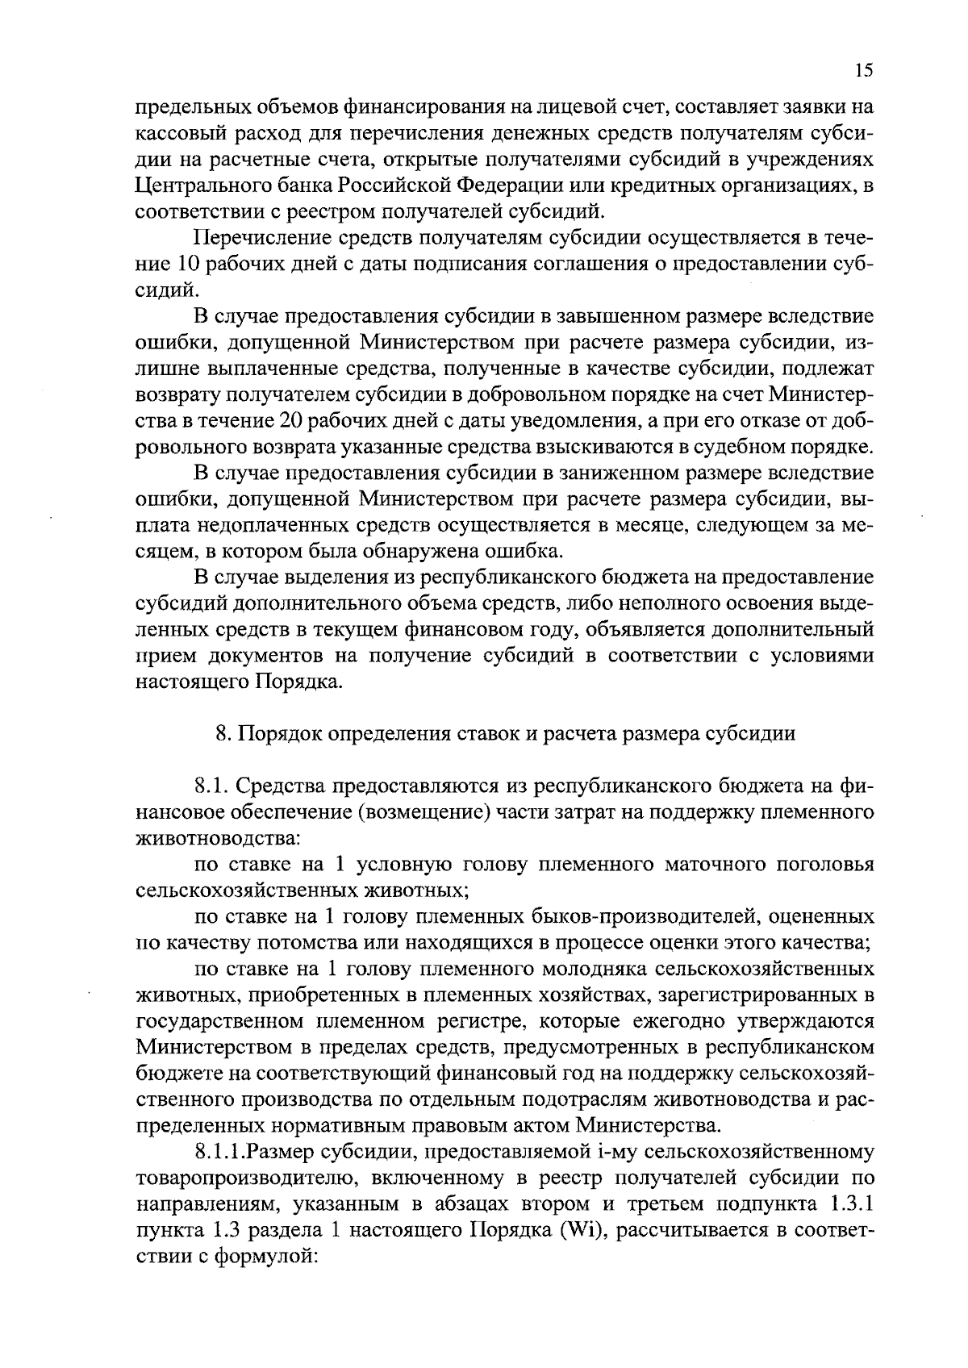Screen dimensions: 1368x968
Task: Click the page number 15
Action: click(863, 71)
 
